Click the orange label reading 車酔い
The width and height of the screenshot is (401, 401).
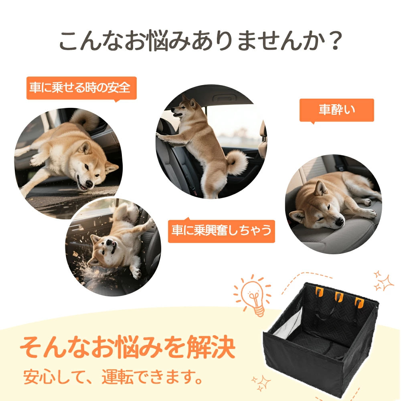pyautogui.click(x=337, y=110)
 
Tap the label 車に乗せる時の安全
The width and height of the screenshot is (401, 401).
pyautogui.click(x=81, y=88)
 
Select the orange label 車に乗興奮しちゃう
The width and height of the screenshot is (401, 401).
pyautogui.click(x=221, y=231)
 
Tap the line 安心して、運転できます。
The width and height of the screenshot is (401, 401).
pyautogui.click(x=113, y=377)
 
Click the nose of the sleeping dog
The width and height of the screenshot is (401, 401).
pyautogui.click(x=340, y=221)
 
